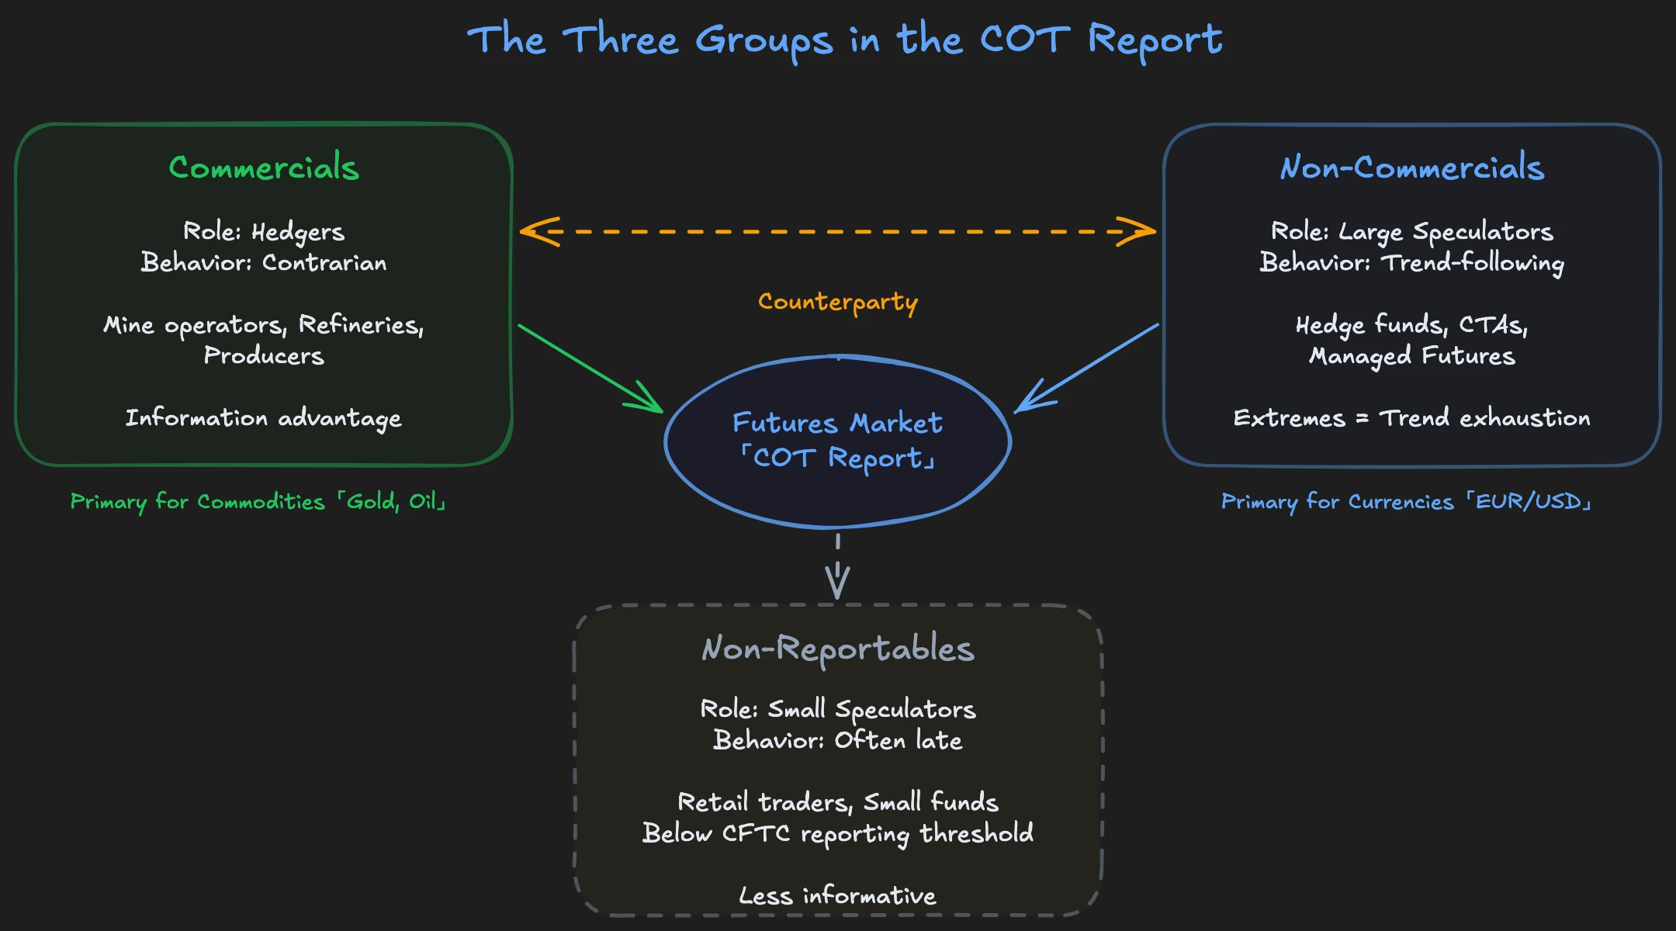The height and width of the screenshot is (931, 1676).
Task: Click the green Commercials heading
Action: (264, 168)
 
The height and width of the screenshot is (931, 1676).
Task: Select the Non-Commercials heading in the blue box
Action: (1411, 168)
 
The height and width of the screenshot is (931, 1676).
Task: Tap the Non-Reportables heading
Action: (838, 649)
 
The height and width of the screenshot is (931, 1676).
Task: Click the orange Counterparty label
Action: (838, 301)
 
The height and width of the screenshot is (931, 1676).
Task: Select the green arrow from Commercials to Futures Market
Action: (590, 368)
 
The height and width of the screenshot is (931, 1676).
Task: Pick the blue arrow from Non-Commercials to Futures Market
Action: (1086, 368)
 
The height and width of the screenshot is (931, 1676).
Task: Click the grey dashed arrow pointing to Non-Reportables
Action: (838, 570)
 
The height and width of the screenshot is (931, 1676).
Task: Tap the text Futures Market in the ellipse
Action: (838, 423)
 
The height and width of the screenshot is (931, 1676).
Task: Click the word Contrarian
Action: (324, 263)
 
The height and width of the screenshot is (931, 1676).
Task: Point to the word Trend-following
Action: (1473, 263)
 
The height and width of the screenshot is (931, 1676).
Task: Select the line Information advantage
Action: (264, 418)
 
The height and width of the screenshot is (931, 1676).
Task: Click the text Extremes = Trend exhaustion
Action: (1411, 418)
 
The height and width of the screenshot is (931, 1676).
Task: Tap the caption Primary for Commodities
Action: (198, 502)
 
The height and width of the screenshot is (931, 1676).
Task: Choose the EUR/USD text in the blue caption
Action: (1528, 502)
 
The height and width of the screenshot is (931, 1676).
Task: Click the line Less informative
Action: (838, 896)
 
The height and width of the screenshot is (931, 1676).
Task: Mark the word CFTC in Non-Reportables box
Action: (756, 833)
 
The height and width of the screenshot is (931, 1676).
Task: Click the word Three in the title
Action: (621, 40)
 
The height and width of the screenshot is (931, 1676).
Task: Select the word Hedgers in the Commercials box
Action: (298, 232)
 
